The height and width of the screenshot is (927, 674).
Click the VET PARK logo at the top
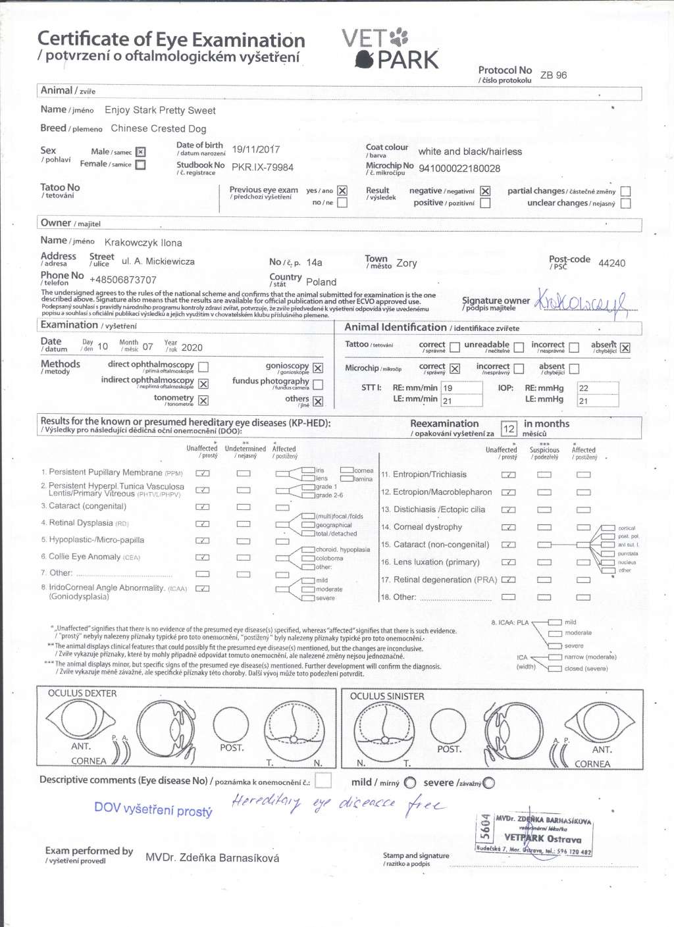390,49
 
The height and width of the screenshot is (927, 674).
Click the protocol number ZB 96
553,75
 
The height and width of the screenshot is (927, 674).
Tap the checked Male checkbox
140,152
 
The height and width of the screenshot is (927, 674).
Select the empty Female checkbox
140,164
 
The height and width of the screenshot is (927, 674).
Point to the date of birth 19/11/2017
255,149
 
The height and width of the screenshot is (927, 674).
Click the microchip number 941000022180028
459,168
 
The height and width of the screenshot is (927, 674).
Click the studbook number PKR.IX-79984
262,167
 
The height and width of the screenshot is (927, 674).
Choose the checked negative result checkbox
485,191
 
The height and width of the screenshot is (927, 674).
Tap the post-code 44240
611,263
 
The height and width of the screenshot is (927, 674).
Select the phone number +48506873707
123,280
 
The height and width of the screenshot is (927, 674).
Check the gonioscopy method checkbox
318,368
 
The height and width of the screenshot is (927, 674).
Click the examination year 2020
192,347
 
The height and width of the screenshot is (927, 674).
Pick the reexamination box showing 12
509,429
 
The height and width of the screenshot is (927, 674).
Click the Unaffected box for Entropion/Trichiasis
508,474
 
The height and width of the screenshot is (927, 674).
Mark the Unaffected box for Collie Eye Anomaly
203,557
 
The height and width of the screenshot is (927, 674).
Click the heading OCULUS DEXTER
82,693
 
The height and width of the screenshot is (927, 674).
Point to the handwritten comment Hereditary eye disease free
338,803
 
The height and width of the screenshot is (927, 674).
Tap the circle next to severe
488,783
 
